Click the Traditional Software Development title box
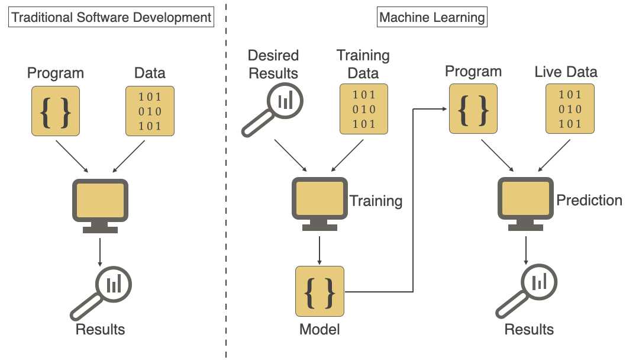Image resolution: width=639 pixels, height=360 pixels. [112, 17]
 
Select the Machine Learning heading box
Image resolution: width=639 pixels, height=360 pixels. [432, 17]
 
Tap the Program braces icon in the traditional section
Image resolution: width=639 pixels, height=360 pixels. [56, 111]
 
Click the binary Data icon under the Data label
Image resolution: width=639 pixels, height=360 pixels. [150, 111]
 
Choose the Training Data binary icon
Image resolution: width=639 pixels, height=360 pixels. [363, 108]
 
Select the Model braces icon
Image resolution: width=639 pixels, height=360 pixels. [319, 291]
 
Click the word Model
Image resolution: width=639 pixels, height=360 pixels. [319, 329]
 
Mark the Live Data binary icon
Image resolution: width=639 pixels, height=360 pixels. [570, 108]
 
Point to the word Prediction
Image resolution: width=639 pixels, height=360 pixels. [589, 200]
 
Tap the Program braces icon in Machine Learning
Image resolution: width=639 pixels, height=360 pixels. [473, 108]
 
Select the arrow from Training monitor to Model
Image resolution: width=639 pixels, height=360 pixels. [319, 249]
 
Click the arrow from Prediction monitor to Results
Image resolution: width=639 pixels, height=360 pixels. [525, 249]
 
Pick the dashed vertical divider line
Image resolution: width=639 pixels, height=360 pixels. [226, 178]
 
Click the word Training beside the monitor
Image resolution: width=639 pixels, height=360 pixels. [376, 201]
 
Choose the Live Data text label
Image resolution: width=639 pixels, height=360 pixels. [566, 72]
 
